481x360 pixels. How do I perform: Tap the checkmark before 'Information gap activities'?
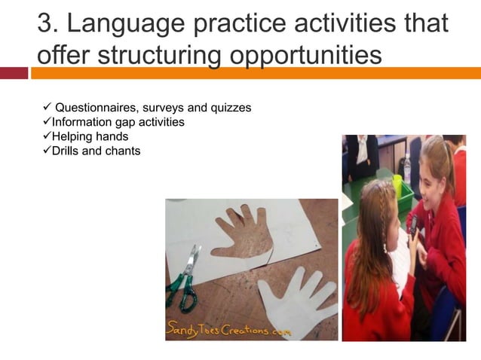[x=45, y=121]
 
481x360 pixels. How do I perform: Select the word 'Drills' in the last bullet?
[x=66, y=151]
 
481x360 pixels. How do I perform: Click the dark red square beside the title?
[x=14, y=73]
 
